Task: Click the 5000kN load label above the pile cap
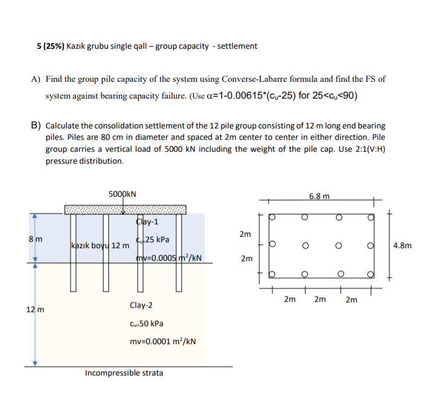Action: tap(122, 193)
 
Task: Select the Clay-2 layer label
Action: tap(141, 306)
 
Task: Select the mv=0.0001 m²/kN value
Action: tap(163, 341)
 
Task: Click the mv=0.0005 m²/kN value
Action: tap(170, 257)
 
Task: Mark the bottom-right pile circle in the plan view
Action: tap(372, 273)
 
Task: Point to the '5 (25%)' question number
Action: tap(50, 46)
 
